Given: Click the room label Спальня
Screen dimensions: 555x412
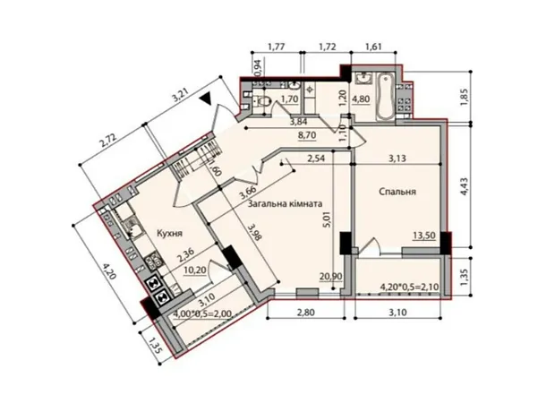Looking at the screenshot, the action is coord(397,192).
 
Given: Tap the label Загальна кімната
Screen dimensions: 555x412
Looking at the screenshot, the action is coord(286,204).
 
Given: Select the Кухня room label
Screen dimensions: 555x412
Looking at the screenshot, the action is coord(169,233).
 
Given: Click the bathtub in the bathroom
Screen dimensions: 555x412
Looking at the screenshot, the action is coord(384,96).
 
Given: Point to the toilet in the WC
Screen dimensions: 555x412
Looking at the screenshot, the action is coord(263,102).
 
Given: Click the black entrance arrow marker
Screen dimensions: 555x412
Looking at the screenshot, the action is coord(205,99).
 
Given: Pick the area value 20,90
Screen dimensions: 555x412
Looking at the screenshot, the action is coord(330,276).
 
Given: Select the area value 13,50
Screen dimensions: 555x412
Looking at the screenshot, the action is coord(424,236).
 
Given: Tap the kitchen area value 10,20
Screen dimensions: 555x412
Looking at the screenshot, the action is coord(195,270).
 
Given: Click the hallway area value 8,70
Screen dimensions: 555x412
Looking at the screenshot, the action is coord(307,135).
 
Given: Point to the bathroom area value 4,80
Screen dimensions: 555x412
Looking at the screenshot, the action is coord(361,99).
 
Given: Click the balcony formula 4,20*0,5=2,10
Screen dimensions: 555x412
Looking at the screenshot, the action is coord(409,287).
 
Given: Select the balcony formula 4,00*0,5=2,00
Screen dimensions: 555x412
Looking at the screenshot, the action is coord(202,313).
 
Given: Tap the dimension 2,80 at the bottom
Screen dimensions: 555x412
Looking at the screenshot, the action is coord(306,313).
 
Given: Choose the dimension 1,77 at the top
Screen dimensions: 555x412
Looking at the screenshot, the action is coord(277,47).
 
